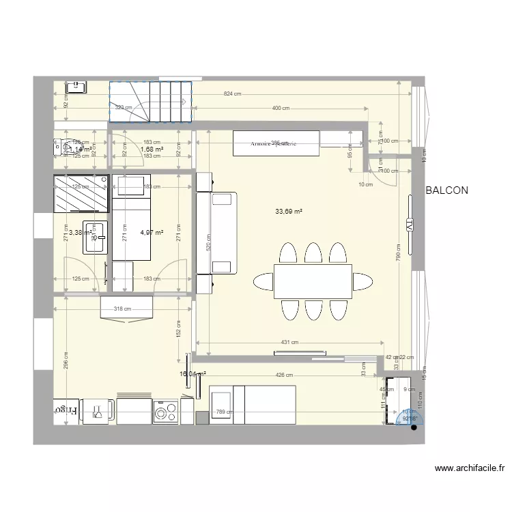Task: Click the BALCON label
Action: click(446, 191)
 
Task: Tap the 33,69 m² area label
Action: click(289, 212)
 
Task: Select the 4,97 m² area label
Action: click(152, 233)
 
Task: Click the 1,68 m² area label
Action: click(152, 150)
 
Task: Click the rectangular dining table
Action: click(313, 281)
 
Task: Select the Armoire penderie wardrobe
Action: click(276, 144)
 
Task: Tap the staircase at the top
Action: click(150, 102)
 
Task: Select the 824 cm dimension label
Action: click(233, 94)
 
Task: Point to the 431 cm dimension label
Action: click(289, 342)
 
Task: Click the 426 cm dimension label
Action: click(285, 375)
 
